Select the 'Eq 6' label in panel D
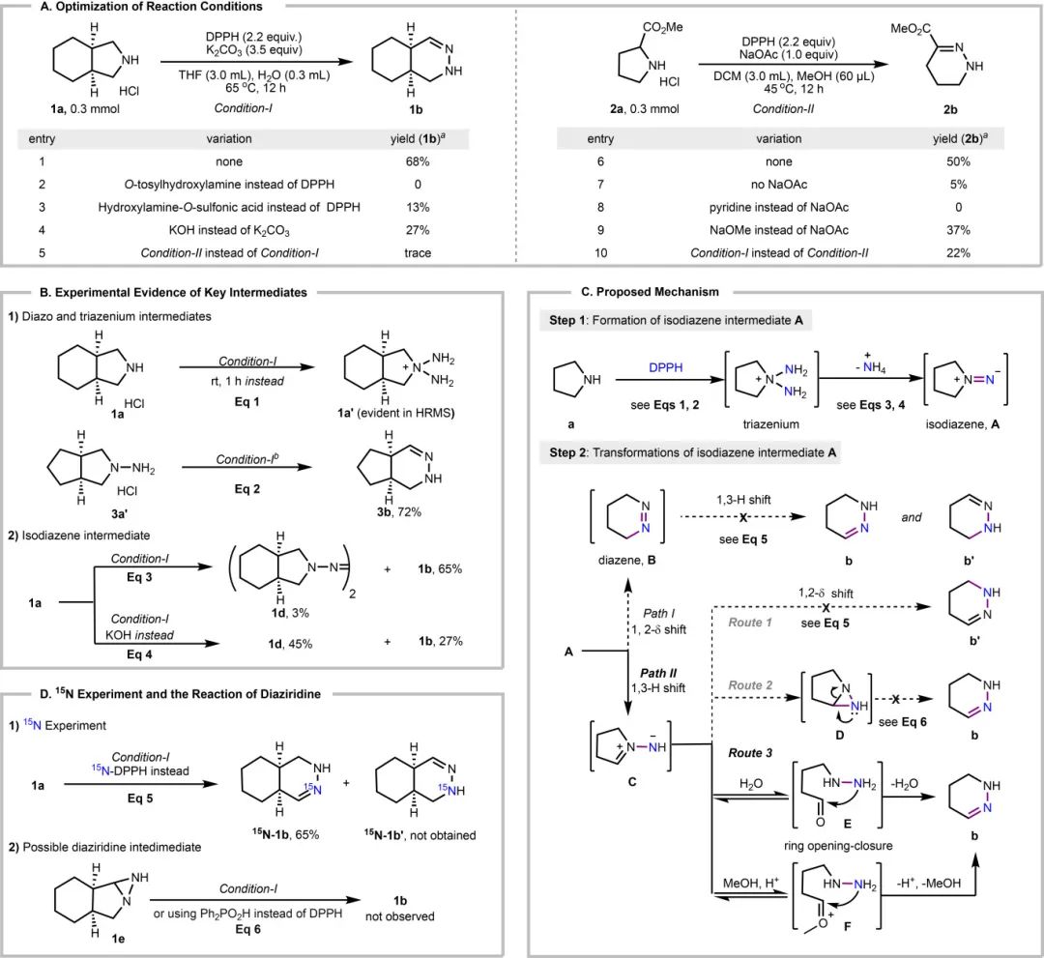[x=211, y=923]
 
